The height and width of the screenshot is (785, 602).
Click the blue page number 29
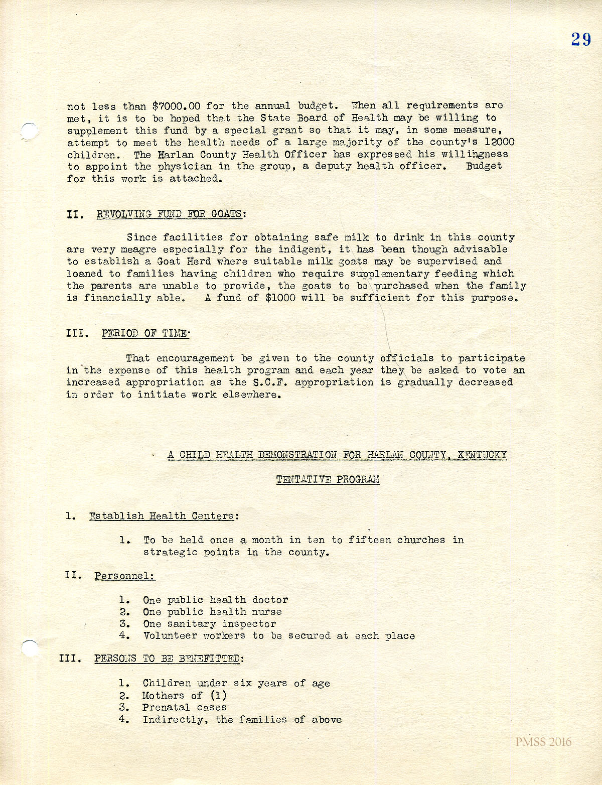(581, 39)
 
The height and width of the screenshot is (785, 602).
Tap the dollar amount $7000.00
(177, 106)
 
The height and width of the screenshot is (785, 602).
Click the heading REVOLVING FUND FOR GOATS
(169, 214)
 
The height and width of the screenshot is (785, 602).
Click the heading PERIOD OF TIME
(145, 333)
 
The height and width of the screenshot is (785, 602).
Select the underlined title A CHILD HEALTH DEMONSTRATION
(337, 455)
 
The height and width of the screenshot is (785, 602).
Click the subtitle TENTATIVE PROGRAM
(328, 479)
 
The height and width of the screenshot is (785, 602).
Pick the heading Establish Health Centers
(164, 516)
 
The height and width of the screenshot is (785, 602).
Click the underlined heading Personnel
(124, 576)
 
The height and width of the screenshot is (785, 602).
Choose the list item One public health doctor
(215, 600)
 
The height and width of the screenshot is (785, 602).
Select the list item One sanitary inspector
(209, 624)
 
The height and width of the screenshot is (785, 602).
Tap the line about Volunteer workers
(278, 636)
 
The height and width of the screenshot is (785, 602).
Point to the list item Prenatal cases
(184, 707)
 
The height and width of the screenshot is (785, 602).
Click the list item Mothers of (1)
(184, 696)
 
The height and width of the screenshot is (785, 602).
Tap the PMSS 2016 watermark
(543, 742)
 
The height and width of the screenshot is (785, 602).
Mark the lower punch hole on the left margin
(30, 648)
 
